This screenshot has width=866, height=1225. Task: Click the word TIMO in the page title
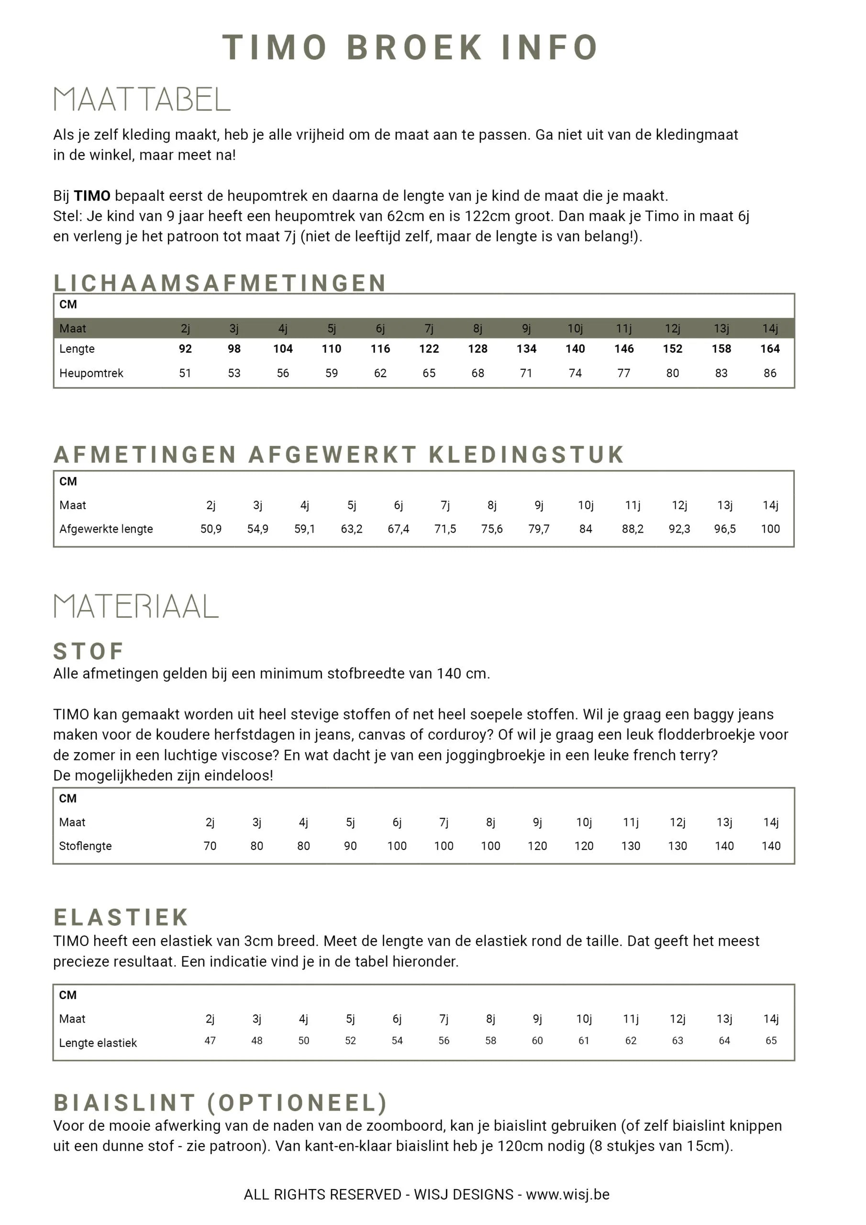pyautogui.click(x=274, y=47)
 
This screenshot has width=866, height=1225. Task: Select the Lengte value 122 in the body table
pyautogui.click(x=429, y=349)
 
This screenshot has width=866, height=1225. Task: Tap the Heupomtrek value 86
pyautogui.click(x=769, y=373)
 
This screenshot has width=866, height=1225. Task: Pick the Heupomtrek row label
pyautogui.click(x=91, y=373)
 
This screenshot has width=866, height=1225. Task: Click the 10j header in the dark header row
pyautogui.click(x=575, y=329)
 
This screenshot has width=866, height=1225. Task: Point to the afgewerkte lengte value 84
pyautogui.click(x=585, y=529)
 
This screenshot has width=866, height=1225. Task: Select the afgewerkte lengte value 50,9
pyautogui.click(x=211, y=529)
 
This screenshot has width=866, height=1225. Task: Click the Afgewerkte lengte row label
pyautogui.click(x=106, y=529)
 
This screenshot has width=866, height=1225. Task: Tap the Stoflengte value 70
pyautogui.click(x=210, y=846)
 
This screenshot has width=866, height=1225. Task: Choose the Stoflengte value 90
pyautogui.click(x=350, y=846)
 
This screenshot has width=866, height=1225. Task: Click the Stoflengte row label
pyautogui.click(x=85, y=846)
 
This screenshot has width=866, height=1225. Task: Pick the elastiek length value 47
pyautogui.click(x=210, y=1040)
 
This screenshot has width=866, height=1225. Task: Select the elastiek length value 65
pyautogui.click(x=770, y=1040)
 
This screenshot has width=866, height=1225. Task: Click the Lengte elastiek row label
pyautogui.click(x=98, y=1043)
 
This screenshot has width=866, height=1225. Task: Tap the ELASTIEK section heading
pyautogui.click(x=121, y=917)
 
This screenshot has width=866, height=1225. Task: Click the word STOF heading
pyautogui.click(x=89, y=651)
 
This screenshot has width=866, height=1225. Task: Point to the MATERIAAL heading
pyautogui.click(x=136, y=607)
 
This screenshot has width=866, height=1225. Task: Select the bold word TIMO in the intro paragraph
pyautogui.click(x=92, y=196)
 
